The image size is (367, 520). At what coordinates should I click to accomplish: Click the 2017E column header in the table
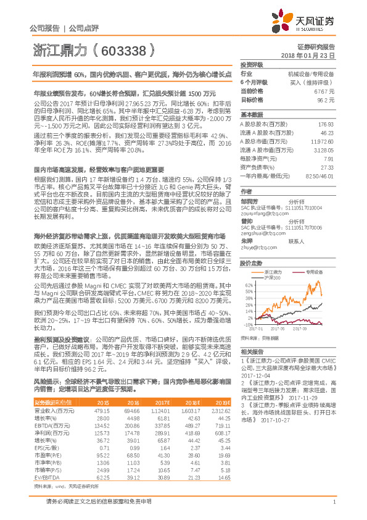tap(162, 402)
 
